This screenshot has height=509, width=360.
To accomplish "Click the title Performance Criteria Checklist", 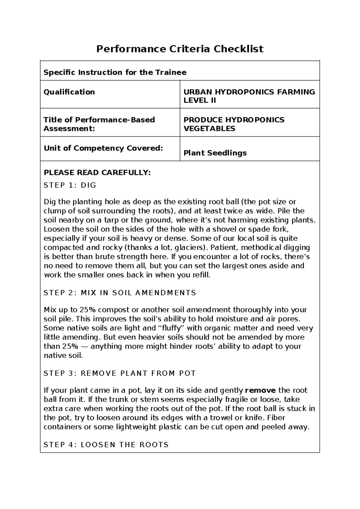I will coord(180,49).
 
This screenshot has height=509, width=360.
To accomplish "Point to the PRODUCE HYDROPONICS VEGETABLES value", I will coord(234,124).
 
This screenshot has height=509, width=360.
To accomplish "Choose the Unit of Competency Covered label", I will coord(103,148).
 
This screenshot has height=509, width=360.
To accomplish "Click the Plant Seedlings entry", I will coord(215,153).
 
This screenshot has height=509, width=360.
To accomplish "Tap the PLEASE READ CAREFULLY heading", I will coord(97,173).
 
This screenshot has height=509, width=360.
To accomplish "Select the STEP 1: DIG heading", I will coord(70,185).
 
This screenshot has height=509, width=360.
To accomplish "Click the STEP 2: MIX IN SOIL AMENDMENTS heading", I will coord(120,293).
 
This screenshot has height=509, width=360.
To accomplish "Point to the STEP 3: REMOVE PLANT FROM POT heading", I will coord(120,373).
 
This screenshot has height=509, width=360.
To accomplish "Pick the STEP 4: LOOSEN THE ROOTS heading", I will coord(106,444).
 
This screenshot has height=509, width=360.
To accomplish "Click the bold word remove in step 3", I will coord(260,390).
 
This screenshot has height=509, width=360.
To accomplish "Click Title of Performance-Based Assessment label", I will coord(99,124).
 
